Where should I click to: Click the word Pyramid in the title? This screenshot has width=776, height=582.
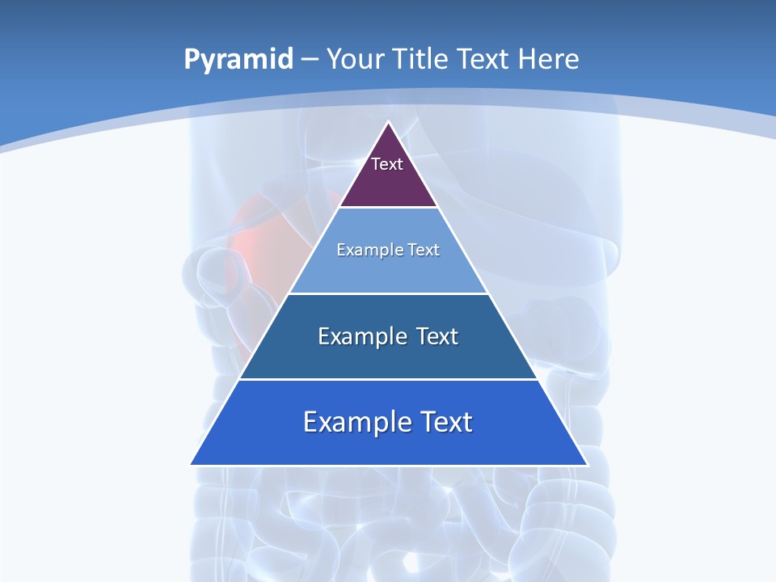238,60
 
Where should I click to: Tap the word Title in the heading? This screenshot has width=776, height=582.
422,59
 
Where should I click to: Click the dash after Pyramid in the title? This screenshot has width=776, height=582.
310,60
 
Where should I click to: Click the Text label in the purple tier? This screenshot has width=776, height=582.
387,164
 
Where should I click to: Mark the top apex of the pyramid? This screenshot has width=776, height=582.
388,122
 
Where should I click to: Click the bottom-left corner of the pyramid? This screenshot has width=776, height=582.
192,464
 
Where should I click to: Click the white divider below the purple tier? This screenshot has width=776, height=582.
388,208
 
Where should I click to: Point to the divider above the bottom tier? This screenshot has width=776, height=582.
388,379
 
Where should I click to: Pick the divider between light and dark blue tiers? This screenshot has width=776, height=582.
388,293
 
